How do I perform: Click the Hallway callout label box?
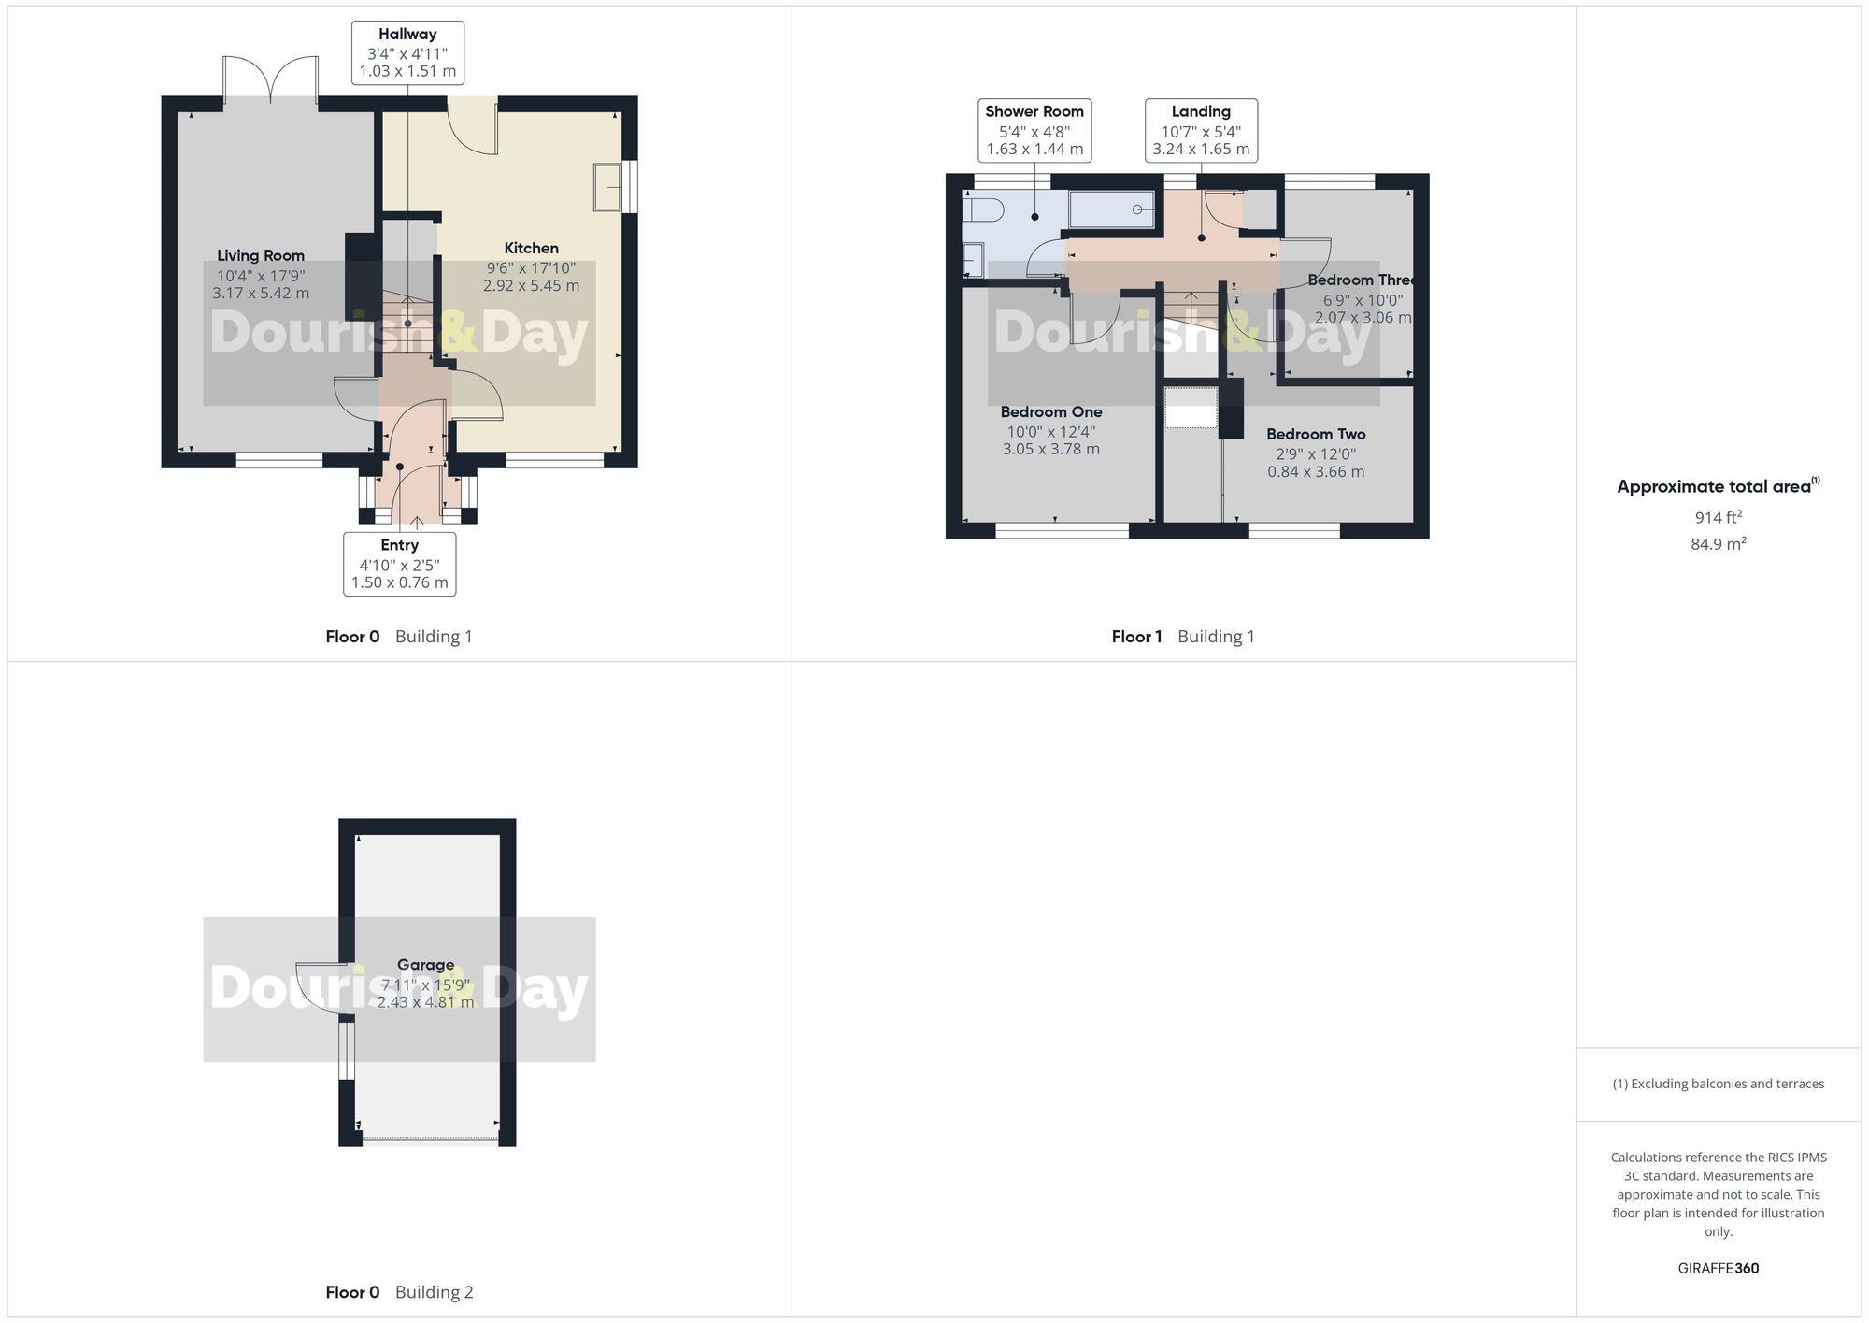(407, 52)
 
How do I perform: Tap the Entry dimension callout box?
(399, 564)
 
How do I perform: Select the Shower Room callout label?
(1034, 130)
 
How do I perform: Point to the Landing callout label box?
(1201, 130)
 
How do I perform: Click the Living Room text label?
(261, 255)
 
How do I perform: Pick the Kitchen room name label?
(531, 248)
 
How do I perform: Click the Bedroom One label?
(1050, 411)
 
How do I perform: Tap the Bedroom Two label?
(1316, 434)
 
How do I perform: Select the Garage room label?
(425, 964)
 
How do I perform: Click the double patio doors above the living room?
(271, 80)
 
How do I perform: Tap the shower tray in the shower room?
(1111, 209)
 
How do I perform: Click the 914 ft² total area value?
(1718, 517)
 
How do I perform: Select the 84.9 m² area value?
(1718, 543)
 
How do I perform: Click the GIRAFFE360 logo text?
(1718, 1268)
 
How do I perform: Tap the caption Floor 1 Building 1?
(1182, 637)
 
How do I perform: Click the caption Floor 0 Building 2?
(399, 1292)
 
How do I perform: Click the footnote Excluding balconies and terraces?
(1718, 1084)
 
